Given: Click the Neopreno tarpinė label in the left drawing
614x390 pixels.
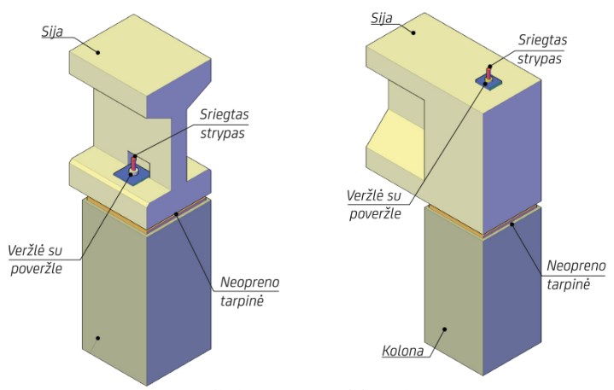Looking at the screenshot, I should click(249, 288).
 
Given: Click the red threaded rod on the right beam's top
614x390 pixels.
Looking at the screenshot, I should click(488, 73).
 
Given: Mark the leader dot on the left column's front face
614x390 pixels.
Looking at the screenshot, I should click(98, 338).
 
